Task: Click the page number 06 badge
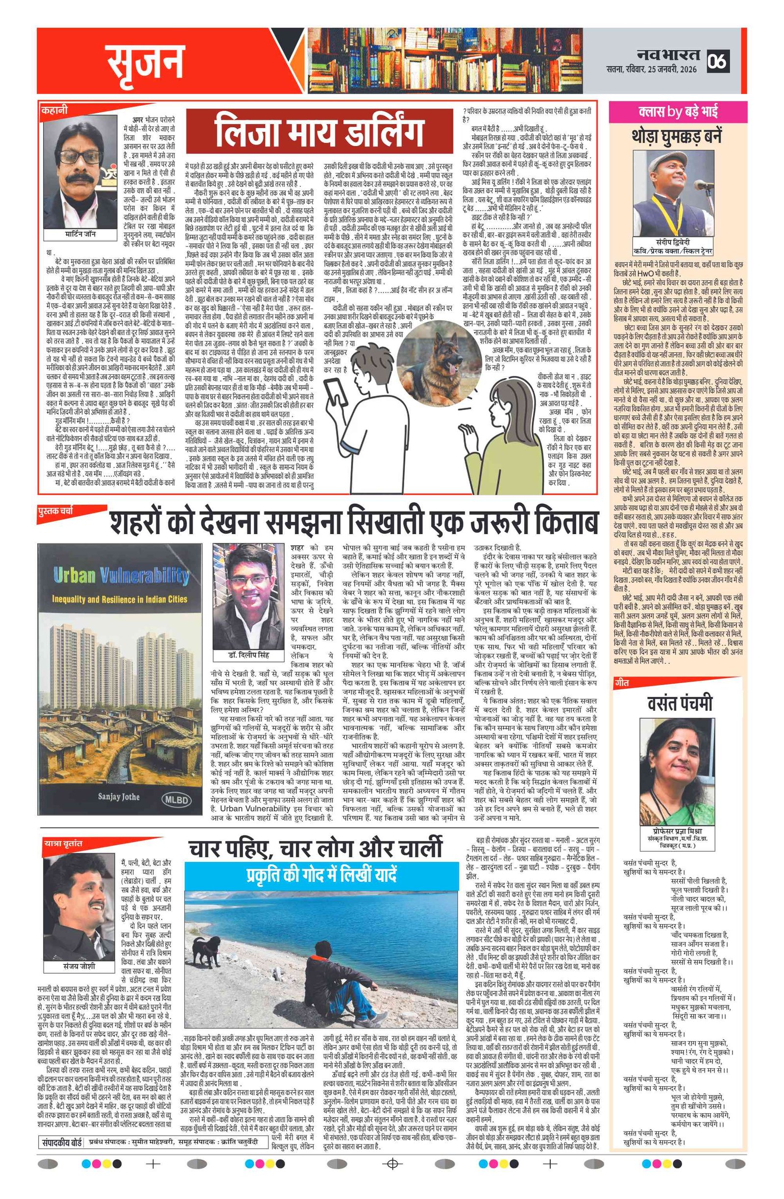717,61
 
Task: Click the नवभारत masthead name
668,54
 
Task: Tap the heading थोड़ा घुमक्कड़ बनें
676,137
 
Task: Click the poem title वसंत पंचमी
676,702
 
